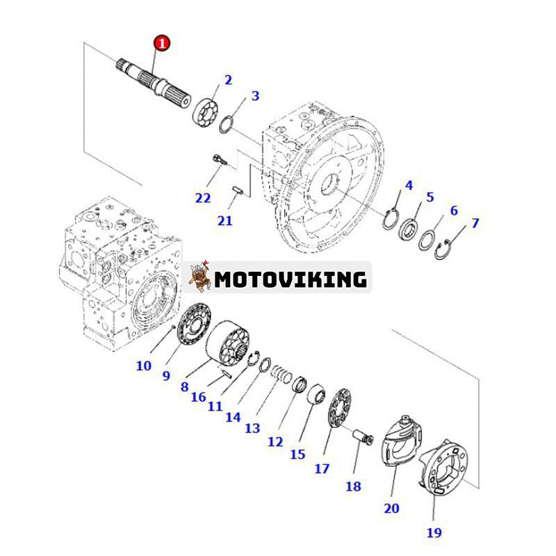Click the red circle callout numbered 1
click(x=161, y=44)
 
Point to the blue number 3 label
click(x=255, y=95)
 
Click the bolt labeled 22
click(x=220, y=161)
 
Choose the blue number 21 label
click(x=224, y=220)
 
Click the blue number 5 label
click(x=430, y=197)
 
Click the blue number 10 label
click(x=143, y=365)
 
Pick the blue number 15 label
click(x=297, y=454)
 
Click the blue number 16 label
click(x=199, y=397)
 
